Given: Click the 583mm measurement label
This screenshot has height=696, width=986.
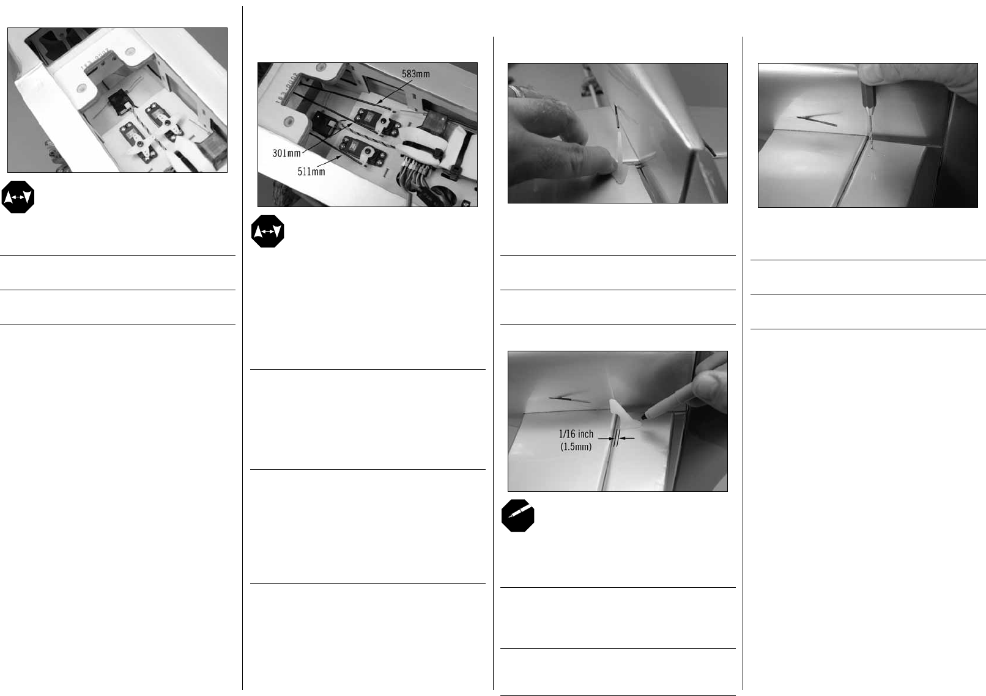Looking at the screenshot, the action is pyautogui.click(x=415, y=74).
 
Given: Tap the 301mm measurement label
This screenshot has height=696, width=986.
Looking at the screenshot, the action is pyautogui.click(x=286, y=153).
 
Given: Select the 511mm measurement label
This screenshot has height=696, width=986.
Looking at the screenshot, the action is pyautogui.click(x=311, y=172).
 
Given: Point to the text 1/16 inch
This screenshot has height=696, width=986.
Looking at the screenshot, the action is pyautogui.click(x=576, y=434).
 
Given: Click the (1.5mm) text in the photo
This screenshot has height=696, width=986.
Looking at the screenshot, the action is pyautogui.click(x=576, y=447).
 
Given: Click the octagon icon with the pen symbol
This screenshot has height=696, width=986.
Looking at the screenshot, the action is pyautogui.click(x=517, y=516).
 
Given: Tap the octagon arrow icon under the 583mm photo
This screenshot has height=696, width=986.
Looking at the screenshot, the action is pyautogui.click(x=268, y=231).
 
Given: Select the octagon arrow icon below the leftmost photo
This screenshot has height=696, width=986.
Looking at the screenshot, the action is pyautogui.click(x=18, y=197).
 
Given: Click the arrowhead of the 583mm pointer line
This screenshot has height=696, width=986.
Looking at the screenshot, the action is pyautogui.click(x=379, y=103).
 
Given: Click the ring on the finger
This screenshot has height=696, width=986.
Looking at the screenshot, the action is pyautogui.click(x=512, y=90).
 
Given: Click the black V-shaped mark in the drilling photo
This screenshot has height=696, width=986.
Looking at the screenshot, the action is pyautogui.click(x=817, y=120).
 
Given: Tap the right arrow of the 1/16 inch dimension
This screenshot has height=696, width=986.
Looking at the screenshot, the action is pyautogui.click(x=627, y=438).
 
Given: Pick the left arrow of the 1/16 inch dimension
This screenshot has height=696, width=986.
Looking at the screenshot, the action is pyautogui.click(x=606, y=438).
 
